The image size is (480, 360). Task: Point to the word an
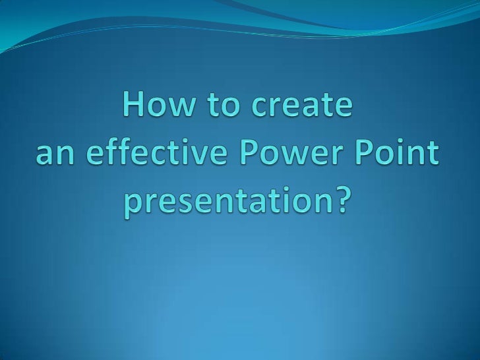point(53,156)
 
